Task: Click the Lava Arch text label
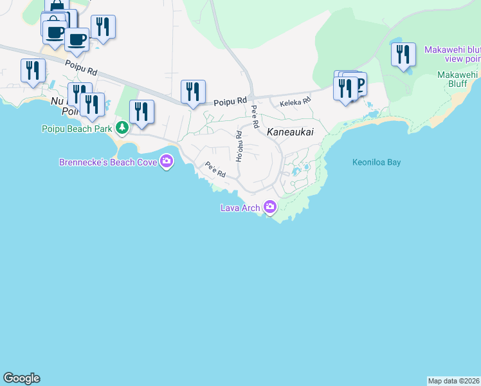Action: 240,208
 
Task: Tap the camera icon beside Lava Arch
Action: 269,207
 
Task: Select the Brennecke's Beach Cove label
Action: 108,162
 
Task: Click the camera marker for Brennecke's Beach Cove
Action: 167,161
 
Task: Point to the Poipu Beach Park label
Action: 77,128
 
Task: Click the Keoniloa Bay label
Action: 376,162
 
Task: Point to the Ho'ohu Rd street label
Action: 239,146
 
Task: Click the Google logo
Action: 21,378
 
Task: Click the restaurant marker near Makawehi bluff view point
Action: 403,54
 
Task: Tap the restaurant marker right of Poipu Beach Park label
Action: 141,111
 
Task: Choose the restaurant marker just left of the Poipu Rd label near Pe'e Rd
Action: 193,91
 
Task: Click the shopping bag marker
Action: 57,8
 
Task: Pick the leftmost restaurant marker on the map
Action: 33,70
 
